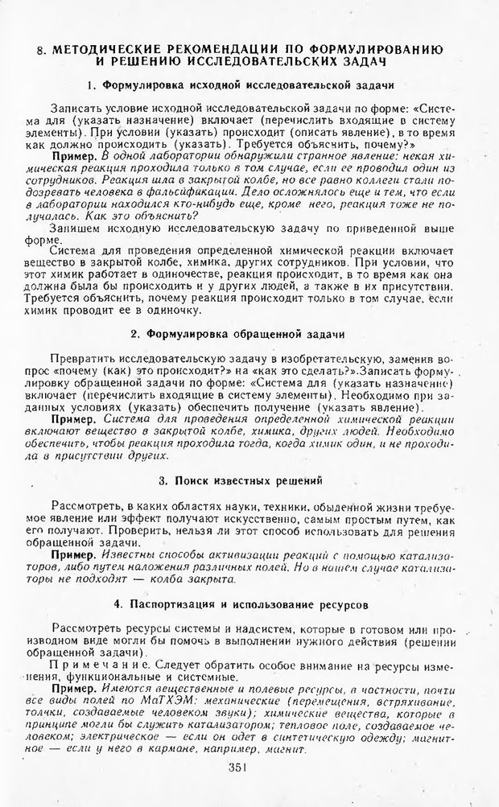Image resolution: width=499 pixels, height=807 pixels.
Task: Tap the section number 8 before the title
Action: (41, 50)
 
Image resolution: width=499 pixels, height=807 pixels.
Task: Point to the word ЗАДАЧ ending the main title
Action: (357, 62)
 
